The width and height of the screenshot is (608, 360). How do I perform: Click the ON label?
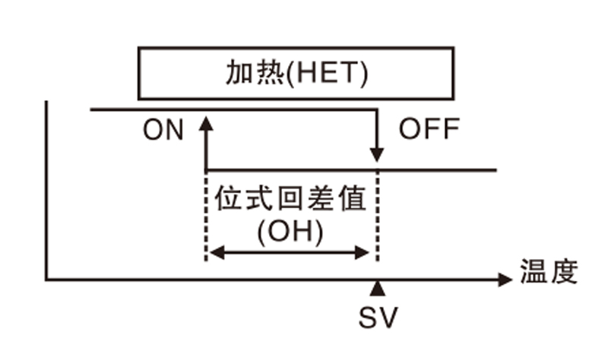tap(163, 131)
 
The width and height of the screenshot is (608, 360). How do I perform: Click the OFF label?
tap(429, 130)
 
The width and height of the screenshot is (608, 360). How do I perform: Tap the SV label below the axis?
tap(378, 317)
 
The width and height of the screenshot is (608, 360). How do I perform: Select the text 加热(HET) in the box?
tap(296, 73)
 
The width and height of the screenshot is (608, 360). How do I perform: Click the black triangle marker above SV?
tap(378, 288)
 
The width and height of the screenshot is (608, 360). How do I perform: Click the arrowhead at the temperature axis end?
tap(505, 280)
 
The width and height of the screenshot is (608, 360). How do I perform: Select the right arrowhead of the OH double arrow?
tap(368, 253)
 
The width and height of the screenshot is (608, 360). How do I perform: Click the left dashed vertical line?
tap(206, 220)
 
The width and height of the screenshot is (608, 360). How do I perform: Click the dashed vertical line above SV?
tap(378, 220)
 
